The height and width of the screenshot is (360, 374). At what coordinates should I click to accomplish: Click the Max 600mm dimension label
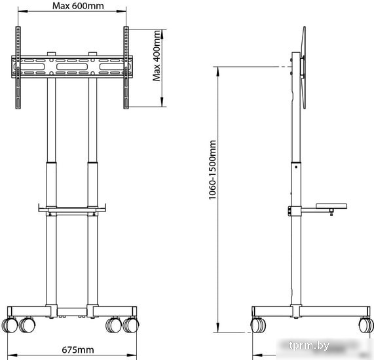[x=78, y=6]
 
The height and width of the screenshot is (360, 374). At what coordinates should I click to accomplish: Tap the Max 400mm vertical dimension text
[x=157, y=56]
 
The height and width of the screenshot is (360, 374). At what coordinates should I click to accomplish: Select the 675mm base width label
[x=78, y=350]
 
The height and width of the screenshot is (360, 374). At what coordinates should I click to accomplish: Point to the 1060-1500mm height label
[x=212, y=170]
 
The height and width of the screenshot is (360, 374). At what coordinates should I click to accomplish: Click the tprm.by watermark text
[x=309, y=345]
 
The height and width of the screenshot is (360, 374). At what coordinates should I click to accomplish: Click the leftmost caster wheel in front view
[x=10, y=325]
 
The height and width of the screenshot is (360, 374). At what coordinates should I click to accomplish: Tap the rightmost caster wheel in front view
[x=131, y=325]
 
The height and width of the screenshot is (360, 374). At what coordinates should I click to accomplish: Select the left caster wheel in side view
[x=258, y=325]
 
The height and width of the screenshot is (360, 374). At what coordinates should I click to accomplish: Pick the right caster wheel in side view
[x=366, y=325]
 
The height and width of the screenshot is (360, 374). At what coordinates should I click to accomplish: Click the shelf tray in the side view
[x=331, y=206]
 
